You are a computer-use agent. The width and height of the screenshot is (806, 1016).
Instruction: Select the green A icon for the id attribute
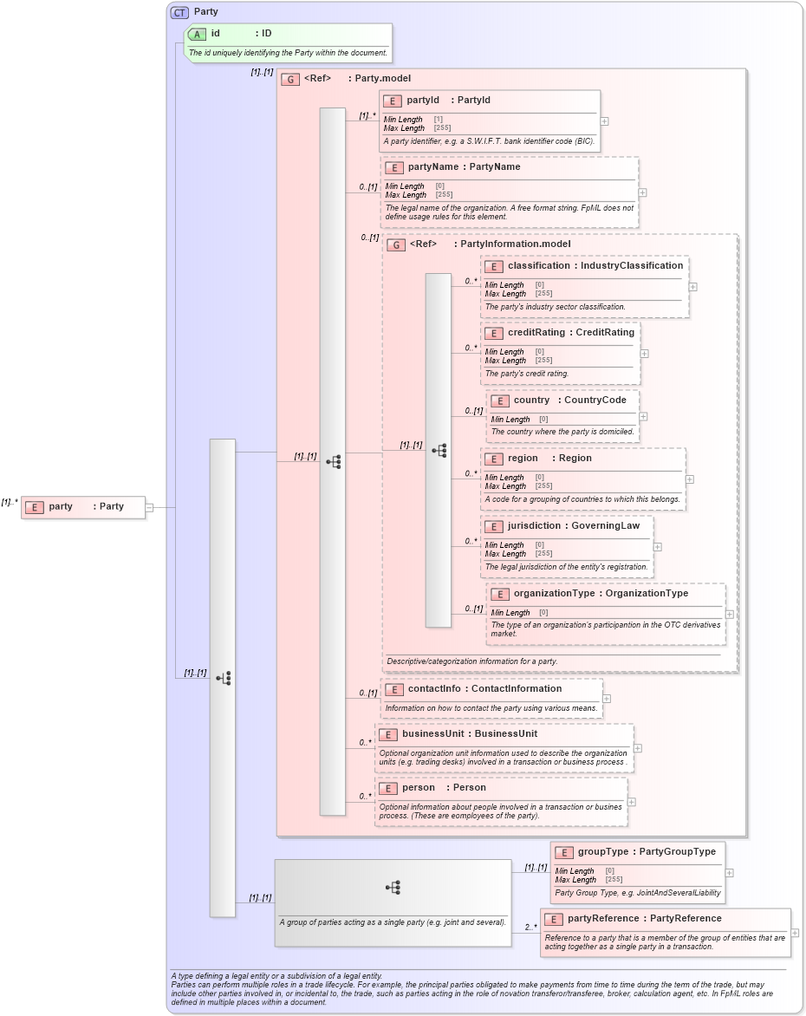coord(198,34)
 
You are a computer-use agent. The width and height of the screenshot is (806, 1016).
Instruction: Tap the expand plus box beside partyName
coord(642,193)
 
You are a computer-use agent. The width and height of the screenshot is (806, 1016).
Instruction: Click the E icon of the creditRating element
coord(494,333)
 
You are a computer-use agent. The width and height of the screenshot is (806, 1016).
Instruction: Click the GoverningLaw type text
coord(606,526)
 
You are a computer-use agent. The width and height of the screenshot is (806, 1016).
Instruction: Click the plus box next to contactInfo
coord(607,698)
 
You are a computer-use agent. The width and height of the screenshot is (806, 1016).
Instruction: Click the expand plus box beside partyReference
coord(795,933)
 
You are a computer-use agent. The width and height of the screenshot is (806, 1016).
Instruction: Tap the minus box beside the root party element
coord(149,507)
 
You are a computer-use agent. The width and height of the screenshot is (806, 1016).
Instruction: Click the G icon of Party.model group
coord(291,79)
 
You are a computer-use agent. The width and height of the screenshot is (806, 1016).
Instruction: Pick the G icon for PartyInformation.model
coord(396,244)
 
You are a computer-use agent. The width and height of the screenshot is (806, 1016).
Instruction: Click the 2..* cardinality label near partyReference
coord(530,927)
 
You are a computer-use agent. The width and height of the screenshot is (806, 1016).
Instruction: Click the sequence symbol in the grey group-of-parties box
coord(393,887)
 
